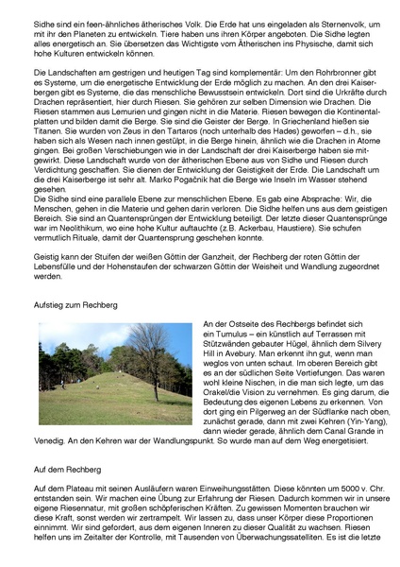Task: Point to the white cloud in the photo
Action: [75, 335]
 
